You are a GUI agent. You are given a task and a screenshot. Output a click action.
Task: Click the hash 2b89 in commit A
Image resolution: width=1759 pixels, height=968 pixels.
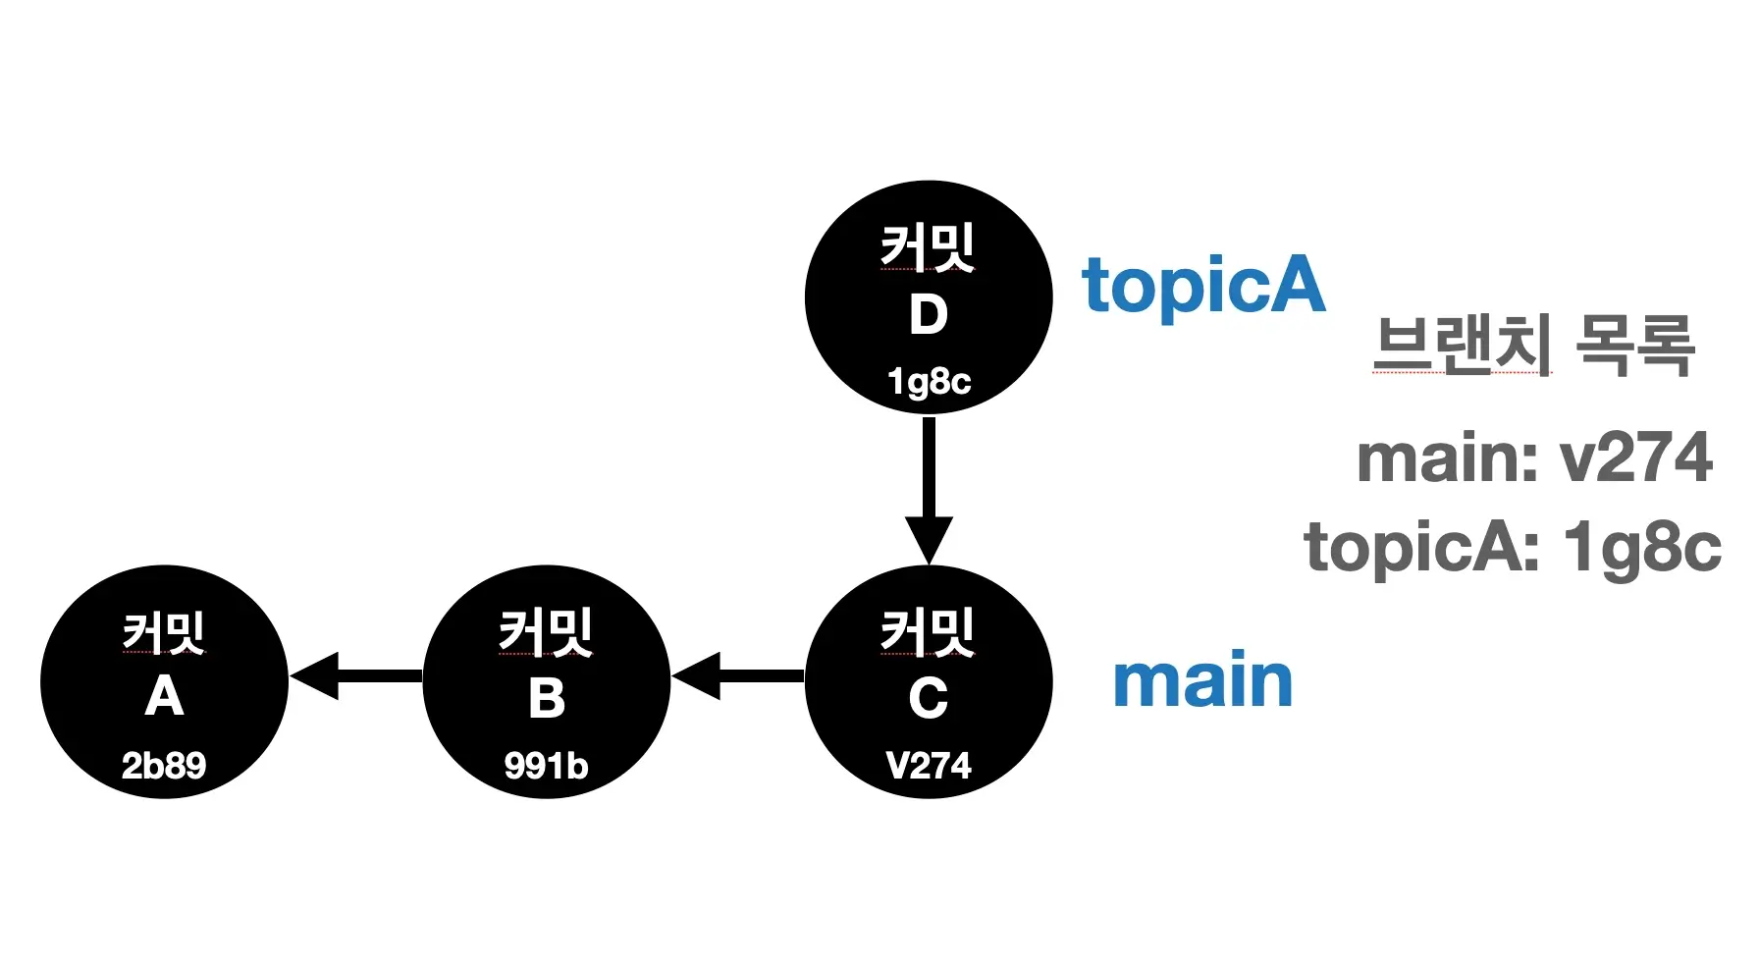[x=164, y=766]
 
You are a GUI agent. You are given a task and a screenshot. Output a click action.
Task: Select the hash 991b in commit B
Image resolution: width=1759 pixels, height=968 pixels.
[x=546, y=766]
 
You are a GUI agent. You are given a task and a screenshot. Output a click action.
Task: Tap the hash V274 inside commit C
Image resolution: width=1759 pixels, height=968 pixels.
[x=928, y=766]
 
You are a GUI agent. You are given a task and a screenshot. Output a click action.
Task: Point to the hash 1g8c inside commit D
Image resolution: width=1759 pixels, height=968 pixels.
[x=929, y=381]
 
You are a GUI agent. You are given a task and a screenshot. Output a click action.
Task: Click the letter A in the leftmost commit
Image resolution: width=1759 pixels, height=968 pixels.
[x=164, y=698]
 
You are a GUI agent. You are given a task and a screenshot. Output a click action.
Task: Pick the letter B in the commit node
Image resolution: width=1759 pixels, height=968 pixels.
[x=546, y=699]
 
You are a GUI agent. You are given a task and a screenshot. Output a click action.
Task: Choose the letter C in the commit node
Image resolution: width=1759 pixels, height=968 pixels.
[x=928, y=699]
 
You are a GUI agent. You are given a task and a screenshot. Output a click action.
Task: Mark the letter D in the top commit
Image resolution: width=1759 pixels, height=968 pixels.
[x=928, y=315]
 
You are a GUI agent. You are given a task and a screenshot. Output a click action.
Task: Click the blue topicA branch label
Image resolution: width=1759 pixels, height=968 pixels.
[x=1203, y=286]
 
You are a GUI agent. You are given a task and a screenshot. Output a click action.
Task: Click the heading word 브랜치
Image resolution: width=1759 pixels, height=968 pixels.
[x=1463, y=345]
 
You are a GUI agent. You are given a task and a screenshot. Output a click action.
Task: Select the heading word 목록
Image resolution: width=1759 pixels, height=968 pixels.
[x=1634, y=345]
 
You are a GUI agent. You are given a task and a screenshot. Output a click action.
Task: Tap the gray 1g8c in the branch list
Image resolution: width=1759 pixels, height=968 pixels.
[x=1642, y=547]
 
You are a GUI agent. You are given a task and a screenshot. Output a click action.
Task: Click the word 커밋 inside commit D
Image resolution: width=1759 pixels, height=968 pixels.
[x=928, y=246]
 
